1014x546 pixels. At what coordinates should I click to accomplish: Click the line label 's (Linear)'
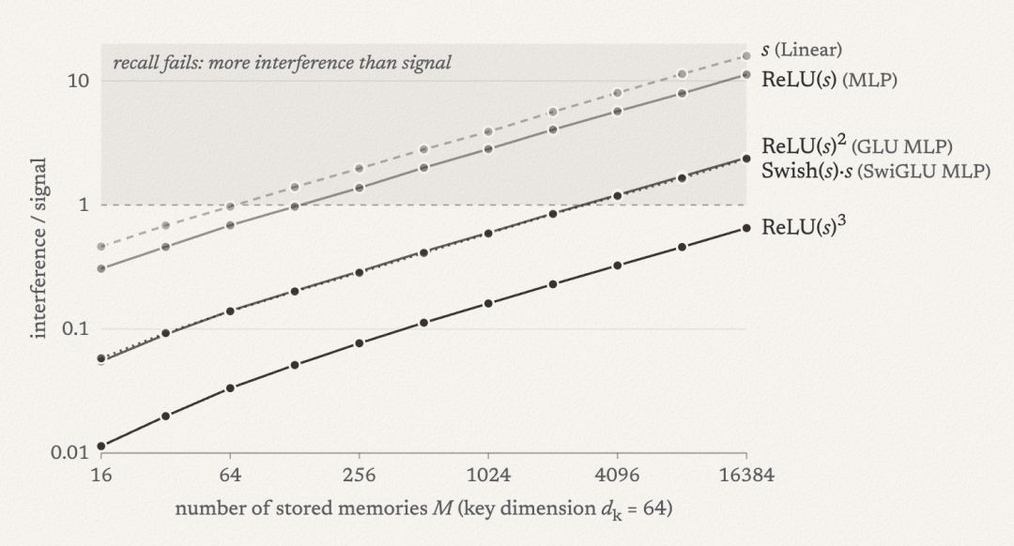(801, 50)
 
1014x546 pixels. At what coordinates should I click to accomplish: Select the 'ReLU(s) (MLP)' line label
(829, 80)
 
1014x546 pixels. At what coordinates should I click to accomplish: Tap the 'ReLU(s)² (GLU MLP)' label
(857, 145)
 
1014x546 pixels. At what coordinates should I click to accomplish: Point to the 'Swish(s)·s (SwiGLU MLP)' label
(876, 171)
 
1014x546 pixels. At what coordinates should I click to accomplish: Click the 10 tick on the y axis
(77, 81)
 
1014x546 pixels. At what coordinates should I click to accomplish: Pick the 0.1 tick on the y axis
(75, 328)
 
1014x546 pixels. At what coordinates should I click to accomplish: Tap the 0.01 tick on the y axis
(69, 451)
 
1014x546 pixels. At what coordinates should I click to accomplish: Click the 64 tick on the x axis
(230, 475)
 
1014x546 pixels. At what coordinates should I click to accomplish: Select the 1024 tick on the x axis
(488, 475)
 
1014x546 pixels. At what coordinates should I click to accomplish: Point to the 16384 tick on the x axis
(746, 475)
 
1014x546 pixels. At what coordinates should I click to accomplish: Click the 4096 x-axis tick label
(617, 475)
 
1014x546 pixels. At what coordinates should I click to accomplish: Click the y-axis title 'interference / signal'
(38, 248)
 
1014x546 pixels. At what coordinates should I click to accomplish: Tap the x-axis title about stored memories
(423, 508)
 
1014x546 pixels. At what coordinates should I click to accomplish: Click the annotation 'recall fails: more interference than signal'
(282, 63)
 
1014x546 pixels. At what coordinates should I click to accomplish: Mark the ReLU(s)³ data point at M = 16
(100, 446)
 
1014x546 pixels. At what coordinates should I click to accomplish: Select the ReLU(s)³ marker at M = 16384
(746, 228)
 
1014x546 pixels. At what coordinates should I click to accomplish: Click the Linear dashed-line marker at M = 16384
(746, 56)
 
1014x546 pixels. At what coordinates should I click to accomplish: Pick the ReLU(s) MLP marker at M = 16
(100, 268)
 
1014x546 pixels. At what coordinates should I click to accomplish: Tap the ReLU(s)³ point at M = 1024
(488, 303)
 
